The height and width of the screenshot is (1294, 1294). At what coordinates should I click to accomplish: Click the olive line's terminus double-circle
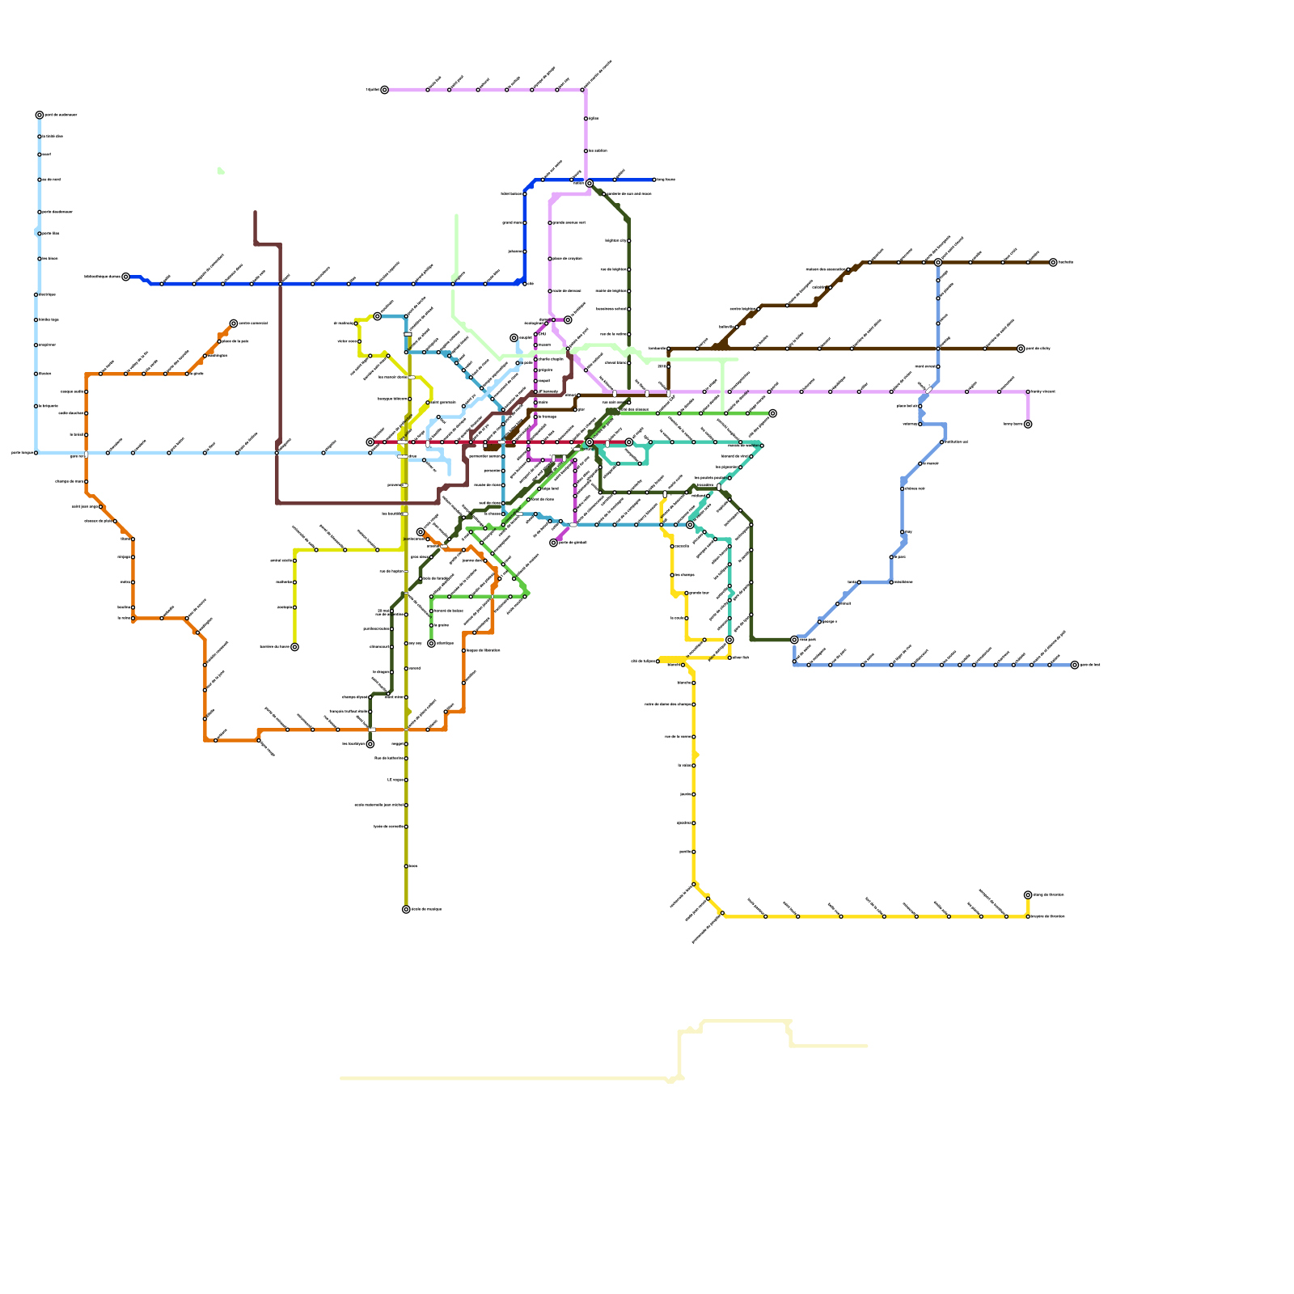coord(406,909)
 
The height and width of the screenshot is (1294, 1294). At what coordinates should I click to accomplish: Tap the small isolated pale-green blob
coord(220,171)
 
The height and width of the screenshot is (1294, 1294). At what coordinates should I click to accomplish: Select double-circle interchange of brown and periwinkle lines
coord(938,263)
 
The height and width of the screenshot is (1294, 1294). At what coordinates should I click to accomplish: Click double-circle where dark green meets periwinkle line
coord(794,640)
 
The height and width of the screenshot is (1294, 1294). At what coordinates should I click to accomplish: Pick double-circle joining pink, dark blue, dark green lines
coord(590,184)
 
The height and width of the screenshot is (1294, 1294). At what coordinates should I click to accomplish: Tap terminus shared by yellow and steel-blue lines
coord(377,316)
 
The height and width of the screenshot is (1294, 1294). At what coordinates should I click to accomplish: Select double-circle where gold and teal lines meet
coord(729,640)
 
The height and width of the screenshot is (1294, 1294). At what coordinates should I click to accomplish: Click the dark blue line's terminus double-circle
coord(125,277)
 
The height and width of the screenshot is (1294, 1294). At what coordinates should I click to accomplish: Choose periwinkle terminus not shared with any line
coord(1075,665)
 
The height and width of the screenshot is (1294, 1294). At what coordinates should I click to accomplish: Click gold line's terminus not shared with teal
coord(1028,895)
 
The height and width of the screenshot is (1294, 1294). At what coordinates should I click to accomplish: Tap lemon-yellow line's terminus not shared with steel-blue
coord(294,647)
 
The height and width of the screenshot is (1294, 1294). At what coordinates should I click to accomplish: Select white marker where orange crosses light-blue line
coord(86,454)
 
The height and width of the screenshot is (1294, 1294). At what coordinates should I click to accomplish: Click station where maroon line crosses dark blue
coord(280,284)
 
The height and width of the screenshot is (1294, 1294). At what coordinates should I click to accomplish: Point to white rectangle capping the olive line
coord(408,334)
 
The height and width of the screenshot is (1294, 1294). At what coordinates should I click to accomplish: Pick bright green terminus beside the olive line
coord(431,644)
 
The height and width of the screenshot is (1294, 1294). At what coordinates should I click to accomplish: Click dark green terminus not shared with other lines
coord(370,744)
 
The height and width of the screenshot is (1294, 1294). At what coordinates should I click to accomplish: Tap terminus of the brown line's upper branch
coord(1053,263)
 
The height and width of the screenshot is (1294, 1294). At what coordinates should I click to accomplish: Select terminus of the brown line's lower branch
coord(1021,349)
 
